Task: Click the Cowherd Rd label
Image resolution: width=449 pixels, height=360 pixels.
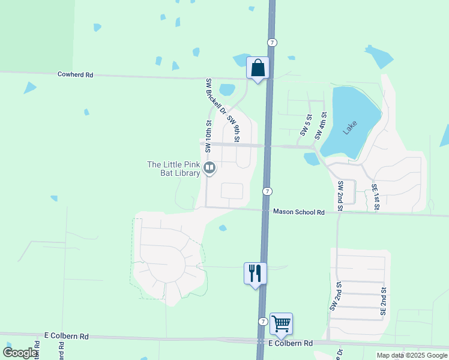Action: (76, 75)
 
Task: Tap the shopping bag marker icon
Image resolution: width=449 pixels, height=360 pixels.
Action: (258, 68)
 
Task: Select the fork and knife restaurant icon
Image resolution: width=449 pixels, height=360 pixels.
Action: (255, 274)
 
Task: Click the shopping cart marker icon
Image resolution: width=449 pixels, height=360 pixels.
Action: (280, 324)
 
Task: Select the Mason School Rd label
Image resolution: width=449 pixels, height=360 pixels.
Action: (299, 212)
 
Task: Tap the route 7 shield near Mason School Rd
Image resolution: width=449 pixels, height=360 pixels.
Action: (268, 191)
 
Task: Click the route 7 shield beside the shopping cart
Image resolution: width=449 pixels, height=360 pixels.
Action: (263, 322)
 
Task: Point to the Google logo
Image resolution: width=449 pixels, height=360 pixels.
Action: (20, 353)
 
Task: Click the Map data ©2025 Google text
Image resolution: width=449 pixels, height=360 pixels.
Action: (411, 355)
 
